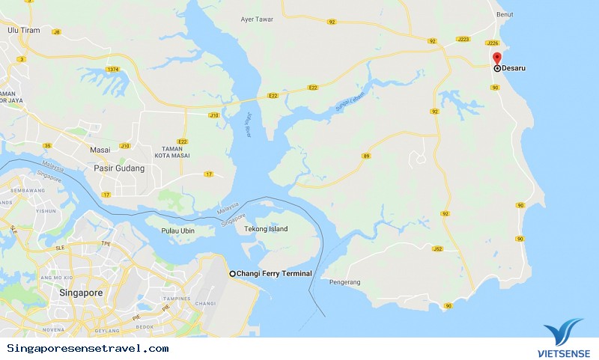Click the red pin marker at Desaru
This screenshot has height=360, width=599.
tap(496, 58)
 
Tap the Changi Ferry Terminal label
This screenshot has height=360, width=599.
tap(274, 274)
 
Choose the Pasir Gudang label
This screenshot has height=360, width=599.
tap(118, 168)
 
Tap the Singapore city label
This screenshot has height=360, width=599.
tap(81, 293)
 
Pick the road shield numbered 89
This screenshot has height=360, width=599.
tap(366, 156)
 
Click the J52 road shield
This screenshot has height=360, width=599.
tap(438, 249)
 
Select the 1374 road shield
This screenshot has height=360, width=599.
tap(113, 70)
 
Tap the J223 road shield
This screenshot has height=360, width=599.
tap(463, 39)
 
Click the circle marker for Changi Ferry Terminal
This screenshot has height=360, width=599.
tap(232, 274)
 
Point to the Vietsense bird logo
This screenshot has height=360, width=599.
tap(562, 332)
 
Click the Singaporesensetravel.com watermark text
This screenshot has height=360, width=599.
tap(88, 349)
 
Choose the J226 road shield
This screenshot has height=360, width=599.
tap(492, 44)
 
